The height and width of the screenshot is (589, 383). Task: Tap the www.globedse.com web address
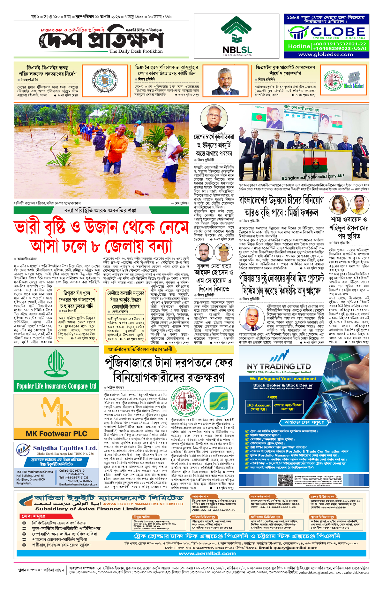pyautogui.click(x=326, y=54)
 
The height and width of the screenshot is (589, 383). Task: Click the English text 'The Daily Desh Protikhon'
pyautogui.click(x=136, y=51)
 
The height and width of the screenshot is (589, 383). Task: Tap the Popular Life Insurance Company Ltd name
pyautogui.click(x=56, y=386)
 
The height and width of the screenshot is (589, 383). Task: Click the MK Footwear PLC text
pyautogui.click(x=56, y=434)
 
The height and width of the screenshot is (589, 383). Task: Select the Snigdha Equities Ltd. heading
pyautogui.click(x=65, y=448)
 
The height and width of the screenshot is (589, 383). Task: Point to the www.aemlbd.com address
pyautogui.click(x=207, y=554)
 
